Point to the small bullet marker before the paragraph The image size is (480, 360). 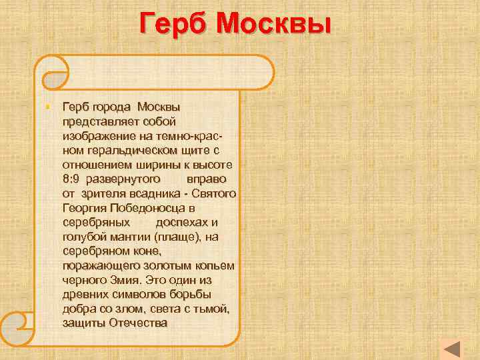51,107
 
